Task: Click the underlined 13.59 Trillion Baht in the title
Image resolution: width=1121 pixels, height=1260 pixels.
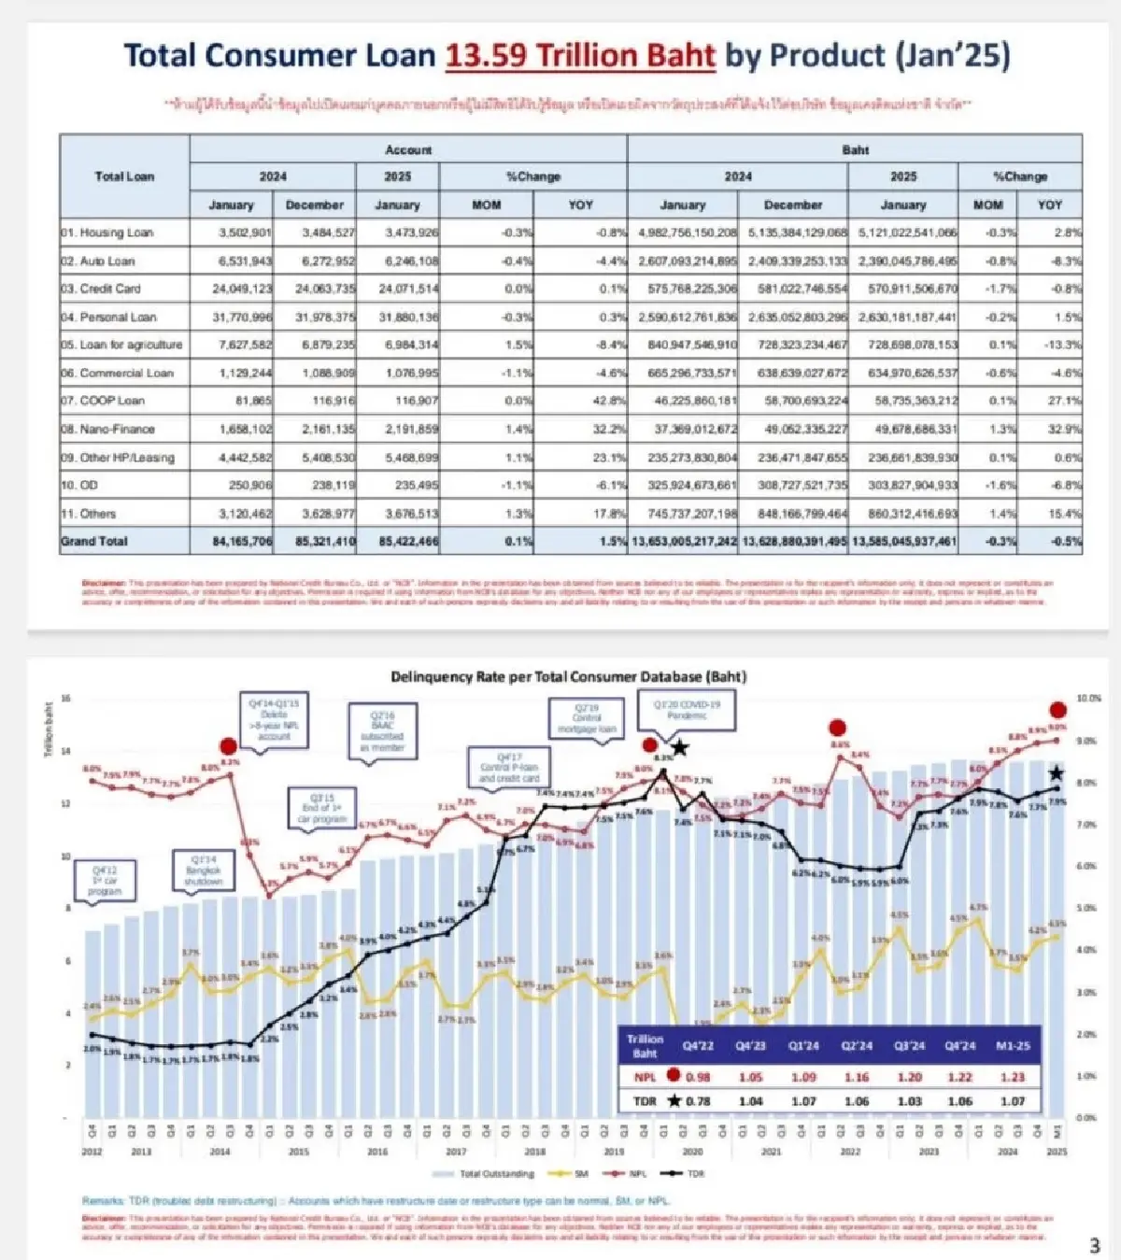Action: (579, 56)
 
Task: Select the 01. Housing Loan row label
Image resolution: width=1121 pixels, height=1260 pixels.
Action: (107, 233)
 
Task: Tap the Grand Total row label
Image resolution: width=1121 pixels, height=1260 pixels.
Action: (94, 541)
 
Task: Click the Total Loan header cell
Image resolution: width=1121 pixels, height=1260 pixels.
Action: (124, 176)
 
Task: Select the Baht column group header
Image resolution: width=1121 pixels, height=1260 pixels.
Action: (855, 149)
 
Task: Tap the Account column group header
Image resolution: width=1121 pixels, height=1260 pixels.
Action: (408, 149)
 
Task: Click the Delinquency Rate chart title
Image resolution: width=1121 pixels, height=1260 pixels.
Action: (568, 676)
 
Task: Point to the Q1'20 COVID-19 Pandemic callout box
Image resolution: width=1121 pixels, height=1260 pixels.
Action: (687, 710)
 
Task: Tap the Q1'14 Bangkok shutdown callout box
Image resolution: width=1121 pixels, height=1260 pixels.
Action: (204, 871)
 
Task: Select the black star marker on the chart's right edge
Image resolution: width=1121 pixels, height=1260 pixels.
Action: (1057, 772)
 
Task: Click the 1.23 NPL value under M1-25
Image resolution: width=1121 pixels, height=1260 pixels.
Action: (1012, 1077)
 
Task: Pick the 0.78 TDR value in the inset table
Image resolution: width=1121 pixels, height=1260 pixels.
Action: (698, 1101)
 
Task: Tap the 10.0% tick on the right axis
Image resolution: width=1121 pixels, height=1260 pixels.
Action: (1088, 699)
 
